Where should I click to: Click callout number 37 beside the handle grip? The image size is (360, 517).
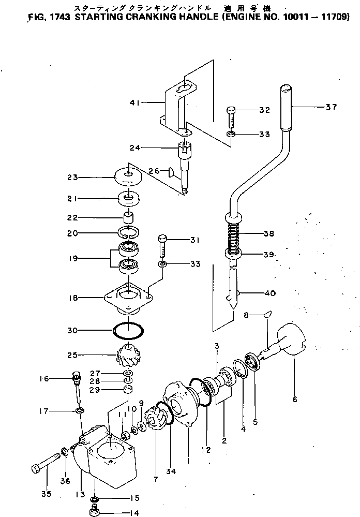(331, 108)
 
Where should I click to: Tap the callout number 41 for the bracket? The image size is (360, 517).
(136, 102)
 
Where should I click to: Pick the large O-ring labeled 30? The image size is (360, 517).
(128, 329)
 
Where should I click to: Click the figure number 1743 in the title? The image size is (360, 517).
(62, 16)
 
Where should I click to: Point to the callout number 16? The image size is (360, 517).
(44, 379)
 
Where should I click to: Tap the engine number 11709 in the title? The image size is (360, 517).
(336, 16)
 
